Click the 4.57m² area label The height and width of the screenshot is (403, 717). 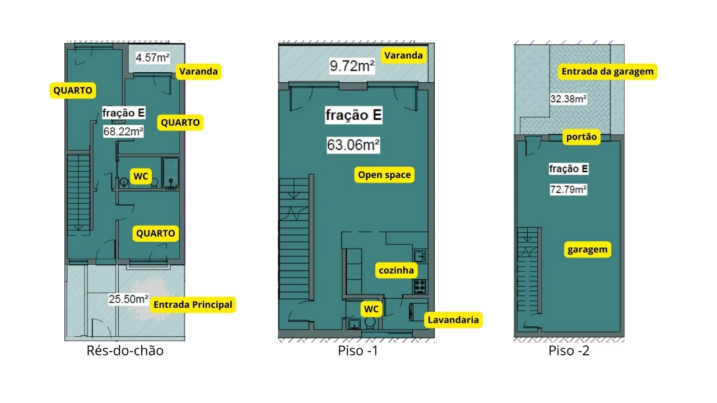tap(152, 58)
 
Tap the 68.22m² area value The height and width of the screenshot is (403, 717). tap(123, 132)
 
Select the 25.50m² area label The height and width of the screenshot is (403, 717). tap(128, 299)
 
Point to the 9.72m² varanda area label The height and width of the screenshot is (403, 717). tap(352, 66)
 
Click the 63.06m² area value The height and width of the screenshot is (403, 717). tap(353, 145)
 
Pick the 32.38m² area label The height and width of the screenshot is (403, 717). tap(569, 99)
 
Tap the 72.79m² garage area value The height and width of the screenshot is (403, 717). tap(569, 190)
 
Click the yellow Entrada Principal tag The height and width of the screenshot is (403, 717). tap(193, 305)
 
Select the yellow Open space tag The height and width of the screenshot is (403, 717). tap(384, 175)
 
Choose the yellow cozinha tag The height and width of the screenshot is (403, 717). tap(396, 270)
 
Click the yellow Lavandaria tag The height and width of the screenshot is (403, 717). tap(453, 320)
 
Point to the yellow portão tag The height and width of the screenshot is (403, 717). tap(581, 137)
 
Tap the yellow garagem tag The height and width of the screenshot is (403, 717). tap(588, 250)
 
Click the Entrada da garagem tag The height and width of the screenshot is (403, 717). tap(608, 71)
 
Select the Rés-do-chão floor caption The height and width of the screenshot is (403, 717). tap(125, 351)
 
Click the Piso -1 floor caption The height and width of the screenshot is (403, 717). tap(358, 351)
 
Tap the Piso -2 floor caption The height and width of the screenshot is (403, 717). tap(569, 351)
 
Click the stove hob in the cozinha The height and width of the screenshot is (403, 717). tap(420, 286)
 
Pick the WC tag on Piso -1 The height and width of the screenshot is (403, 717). tap(371, 310)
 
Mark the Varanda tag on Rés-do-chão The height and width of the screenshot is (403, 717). tap(198, 71)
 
